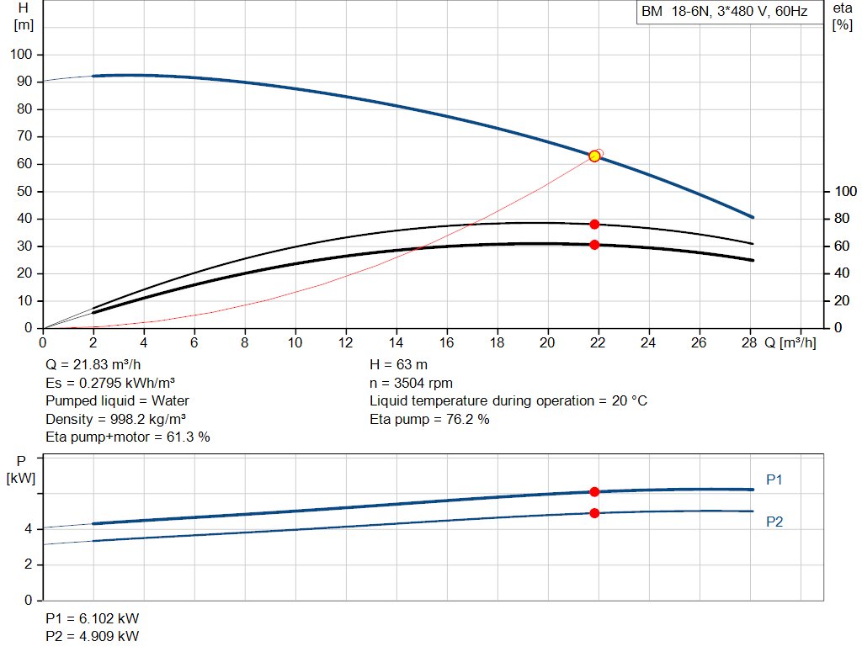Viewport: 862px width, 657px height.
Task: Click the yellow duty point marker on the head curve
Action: tap(594, 156)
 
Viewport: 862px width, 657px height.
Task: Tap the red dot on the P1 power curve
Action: tap(594, 491)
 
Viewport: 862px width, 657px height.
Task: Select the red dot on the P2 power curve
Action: tap(594, 513)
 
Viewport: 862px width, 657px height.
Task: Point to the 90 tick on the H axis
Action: tap(24, 82)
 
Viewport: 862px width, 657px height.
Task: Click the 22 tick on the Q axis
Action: tap(598, 342)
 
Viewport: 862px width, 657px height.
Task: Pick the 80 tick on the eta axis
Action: tap(842, 219)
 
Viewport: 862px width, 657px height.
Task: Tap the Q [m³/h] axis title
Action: tap(790, 342)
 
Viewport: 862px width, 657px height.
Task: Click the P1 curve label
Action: tap(774, 480)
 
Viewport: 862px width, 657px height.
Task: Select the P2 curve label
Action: tap(774, 522)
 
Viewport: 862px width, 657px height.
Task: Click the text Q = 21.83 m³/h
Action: tap(93, 365)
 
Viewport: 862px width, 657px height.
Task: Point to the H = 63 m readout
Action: tap(398, 365)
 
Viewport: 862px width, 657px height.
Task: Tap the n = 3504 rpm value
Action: tap(411, 383)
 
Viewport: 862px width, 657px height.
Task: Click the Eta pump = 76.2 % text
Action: tap(429, 419)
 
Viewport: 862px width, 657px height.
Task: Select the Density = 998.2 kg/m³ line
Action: tap(115, 419)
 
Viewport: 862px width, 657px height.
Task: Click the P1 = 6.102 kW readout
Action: tap(93, 618)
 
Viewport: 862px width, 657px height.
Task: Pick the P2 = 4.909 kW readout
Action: tap(93, 636)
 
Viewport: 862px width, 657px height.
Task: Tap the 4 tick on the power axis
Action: tap(28, 529)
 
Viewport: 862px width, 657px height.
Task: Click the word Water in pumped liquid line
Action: tap(170, 401)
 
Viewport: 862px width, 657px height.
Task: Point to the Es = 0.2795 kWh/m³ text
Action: tap(110, 383)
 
